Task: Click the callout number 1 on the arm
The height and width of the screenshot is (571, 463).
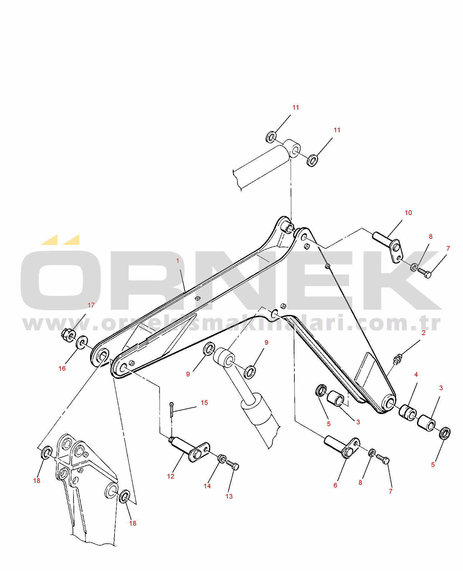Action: (178, 261)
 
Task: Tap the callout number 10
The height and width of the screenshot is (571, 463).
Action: (408, 213)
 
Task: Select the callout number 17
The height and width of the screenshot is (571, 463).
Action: (91, 305)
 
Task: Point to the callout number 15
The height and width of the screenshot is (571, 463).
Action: (204, 403)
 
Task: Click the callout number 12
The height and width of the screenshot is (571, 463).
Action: (170, 476)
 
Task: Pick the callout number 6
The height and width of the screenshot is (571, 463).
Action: (335, 485)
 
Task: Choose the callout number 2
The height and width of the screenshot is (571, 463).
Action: (424, 333)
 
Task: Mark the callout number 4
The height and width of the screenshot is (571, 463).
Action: (416, 375)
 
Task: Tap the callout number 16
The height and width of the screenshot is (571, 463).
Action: (62, 369)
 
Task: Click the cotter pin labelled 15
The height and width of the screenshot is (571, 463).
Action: (171, 410)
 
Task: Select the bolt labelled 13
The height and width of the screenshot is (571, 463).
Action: (232, 465)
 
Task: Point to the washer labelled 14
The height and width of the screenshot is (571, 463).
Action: (222, 459)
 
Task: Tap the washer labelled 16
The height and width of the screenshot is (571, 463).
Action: (82, 342)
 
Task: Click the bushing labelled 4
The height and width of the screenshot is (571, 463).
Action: (408, 413)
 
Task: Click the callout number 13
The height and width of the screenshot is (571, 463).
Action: (229, 496)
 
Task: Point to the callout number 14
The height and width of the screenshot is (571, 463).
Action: (207, 486)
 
